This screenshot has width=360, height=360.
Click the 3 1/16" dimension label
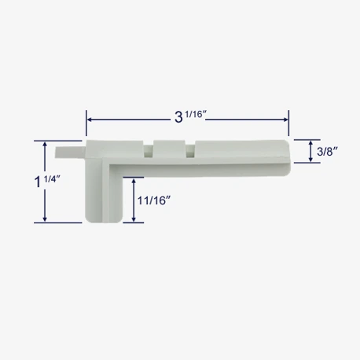191,116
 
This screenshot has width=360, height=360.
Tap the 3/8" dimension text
327,151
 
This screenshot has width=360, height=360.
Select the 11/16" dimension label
154,200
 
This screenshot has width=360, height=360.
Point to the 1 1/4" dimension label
47,181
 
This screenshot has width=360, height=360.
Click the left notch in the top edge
149,149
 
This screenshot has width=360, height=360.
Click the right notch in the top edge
190,149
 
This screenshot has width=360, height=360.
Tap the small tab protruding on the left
70,152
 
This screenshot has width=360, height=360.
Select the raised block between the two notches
170,149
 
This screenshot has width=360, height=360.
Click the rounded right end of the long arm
288,158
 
